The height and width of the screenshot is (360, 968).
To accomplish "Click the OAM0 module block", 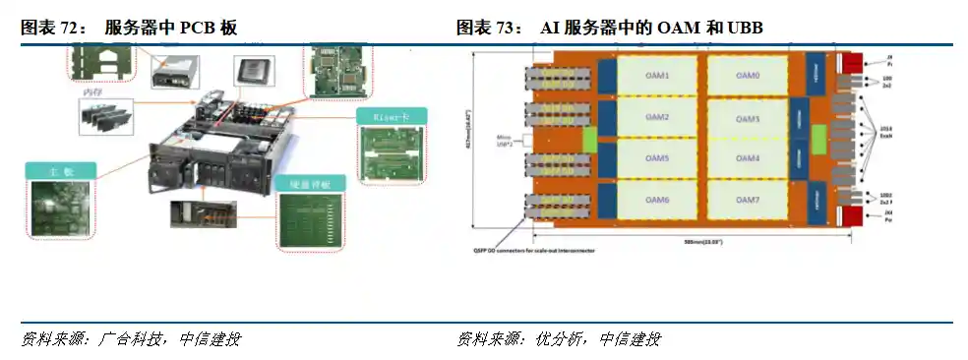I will pos(747,76).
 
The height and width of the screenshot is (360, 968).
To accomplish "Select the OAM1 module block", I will pos(658,76).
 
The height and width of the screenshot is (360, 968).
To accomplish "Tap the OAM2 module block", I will pos(658,118).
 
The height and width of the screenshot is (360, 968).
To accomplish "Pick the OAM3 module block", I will pos(747,118).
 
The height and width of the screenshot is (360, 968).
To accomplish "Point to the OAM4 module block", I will pos(747,158).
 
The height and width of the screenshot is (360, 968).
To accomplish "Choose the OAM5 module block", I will pos(658,158).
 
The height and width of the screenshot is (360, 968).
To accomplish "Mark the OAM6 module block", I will pos(658,200).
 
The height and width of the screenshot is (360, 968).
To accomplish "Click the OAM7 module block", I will pos(747,200).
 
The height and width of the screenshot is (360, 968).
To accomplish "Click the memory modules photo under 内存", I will pos(106,117).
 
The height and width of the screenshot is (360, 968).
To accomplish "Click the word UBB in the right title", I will pos(745,29).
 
